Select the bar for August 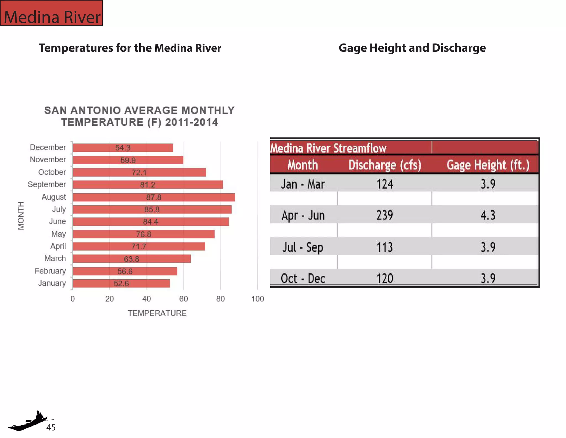point(154,197)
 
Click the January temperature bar point(121,283)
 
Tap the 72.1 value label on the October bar point(139,172)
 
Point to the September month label point(47,184)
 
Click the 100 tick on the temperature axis point(258,299)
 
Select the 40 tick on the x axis point(146,299)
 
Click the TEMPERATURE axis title point(157,313)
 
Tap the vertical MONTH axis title point(21,216)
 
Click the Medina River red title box point(52,13)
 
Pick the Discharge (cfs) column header point(385,165)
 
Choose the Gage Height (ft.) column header point(488,165)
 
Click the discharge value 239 point(384,215)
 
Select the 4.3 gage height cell point(488,215)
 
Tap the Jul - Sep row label point(303,247)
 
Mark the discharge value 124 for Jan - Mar point(385,184)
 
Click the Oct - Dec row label point(303,278)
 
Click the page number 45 point(51,427)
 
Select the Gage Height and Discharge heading point(412,48)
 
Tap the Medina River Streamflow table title point(328,148)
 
